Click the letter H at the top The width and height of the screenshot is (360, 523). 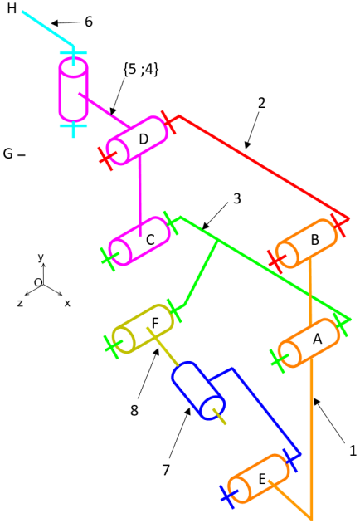(12, 8)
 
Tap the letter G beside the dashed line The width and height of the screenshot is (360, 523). (8, 154)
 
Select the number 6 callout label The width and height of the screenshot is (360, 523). (89, 22)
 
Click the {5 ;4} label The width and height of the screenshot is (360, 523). (141, 70)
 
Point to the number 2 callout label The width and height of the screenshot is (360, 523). (262, 103)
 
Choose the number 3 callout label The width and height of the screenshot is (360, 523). (236, 198)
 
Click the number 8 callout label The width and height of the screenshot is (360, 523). (134, 411)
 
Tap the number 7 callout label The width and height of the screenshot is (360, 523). (166, 470)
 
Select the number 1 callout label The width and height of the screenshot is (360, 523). (353, 451)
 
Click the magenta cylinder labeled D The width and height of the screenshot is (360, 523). (137, 140)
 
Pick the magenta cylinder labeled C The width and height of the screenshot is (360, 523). (140, 241)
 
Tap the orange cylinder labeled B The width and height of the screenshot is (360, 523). (306, 244)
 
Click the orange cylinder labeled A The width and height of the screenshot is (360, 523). (309, 343)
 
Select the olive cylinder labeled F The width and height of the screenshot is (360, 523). (143, 329)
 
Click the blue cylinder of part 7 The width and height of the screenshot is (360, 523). (198, 390)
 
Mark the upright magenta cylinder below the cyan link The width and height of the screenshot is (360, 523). (73, 90)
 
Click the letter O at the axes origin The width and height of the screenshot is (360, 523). (38, 282)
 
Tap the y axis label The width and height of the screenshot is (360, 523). (41, 257)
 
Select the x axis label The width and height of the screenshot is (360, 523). (67, 303)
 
